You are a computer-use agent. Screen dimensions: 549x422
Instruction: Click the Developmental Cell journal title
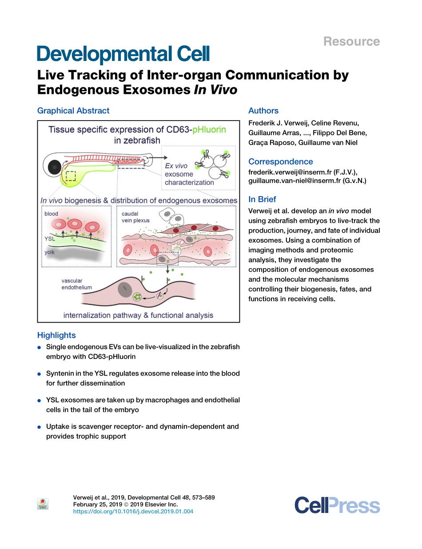tap(123, 54)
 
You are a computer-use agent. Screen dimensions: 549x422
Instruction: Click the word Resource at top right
tap(351, 42)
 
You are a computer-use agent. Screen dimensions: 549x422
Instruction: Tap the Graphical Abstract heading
tap(73, 111)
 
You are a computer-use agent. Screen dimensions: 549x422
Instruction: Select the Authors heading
tap(263, 111)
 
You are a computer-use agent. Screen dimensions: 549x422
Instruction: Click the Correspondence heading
tap(280, 161)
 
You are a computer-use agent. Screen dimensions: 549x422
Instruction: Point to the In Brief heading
tap(262, 199)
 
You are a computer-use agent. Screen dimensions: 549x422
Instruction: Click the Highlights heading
tap(56, 335)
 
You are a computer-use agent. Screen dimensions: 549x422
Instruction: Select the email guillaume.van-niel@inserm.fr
tap(295, 181)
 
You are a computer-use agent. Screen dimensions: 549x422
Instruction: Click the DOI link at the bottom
tap(133, 512)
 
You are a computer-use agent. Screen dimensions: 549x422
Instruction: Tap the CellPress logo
tap(337, 506)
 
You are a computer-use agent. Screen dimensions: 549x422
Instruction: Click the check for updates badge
tap(43, 504)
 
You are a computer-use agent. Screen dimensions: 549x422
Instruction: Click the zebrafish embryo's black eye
tap(54, 167)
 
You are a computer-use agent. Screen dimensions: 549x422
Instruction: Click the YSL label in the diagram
tap(49, 238)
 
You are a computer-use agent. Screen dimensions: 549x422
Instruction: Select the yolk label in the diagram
tap(49, 252)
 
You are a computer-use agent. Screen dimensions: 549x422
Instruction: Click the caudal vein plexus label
tap(135, 217)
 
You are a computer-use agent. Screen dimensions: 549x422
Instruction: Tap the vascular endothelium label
tap(76, 284)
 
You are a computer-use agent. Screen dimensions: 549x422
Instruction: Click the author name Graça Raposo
tap(268, 143)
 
